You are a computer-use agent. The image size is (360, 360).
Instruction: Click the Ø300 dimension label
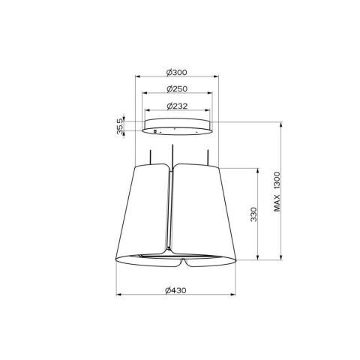[175, 72]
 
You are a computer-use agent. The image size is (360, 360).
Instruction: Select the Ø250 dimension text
[175, 88]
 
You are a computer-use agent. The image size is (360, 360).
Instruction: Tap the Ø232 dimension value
[175, 105]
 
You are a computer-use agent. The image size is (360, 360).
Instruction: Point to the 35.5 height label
[118, 126]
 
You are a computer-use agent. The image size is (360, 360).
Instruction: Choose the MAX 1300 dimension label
[277, 191]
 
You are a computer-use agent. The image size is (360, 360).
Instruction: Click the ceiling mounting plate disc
[175, 127]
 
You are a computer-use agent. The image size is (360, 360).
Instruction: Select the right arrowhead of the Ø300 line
[215, 76]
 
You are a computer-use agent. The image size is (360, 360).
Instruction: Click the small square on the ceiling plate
[155, 133]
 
